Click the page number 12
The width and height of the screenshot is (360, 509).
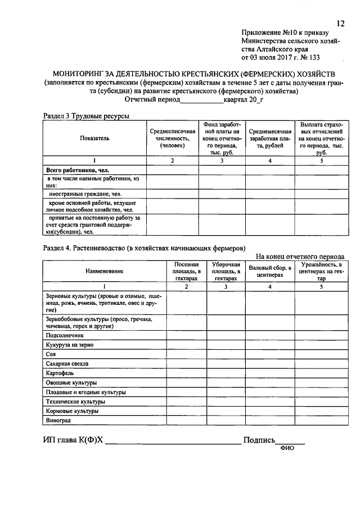point(340,23)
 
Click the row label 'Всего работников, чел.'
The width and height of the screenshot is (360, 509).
point(77,169)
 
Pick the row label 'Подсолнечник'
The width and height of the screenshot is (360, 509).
point(67,334)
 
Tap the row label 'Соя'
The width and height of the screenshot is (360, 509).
point(50,354)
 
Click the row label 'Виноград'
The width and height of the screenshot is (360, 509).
point(58,421)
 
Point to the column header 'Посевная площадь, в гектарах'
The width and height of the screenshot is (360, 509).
point(186,271)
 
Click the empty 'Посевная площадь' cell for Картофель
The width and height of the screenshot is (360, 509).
point(186,373)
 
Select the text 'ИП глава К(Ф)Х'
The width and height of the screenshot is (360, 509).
point(73,440)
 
